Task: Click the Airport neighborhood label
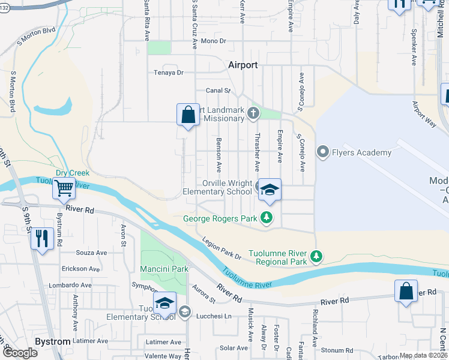point(243,65)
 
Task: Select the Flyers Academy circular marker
point(324,152)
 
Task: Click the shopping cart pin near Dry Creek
point(64,188)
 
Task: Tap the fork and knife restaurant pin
point(41,239)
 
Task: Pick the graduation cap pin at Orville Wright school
point(270,191)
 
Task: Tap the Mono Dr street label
point(213,41)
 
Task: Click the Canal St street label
point(218,91)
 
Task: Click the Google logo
point(20,353)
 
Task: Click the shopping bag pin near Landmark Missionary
point(188,114)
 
